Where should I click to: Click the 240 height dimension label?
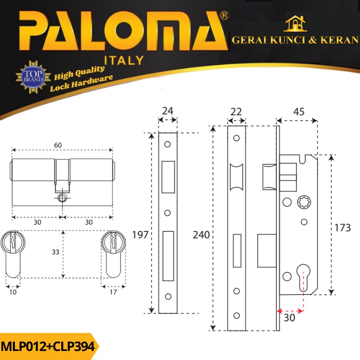[201, 235]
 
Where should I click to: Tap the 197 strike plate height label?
[140, 235]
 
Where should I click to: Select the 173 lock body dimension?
[342, 228]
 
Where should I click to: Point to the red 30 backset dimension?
[289, 318]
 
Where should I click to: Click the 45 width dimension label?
[299, 112]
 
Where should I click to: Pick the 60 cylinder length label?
[58, 145]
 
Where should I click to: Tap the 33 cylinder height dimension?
[55, 252]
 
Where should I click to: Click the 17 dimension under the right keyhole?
[113, 292]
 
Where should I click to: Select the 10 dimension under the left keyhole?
[13, 292]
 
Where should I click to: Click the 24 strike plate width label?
[167, 111]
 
